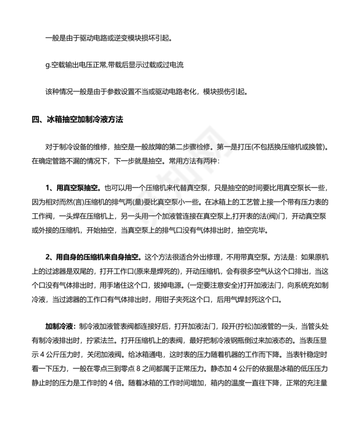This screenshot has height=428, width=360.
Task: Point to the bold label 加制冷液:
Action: pos(61,326)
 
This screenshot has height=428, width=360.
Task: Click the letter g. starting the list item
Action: pos(48,65)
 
